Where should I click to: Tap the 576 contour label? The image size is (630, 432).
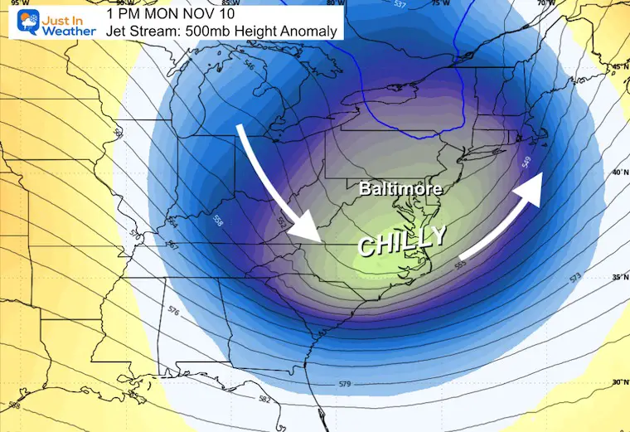click(173, 312)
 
